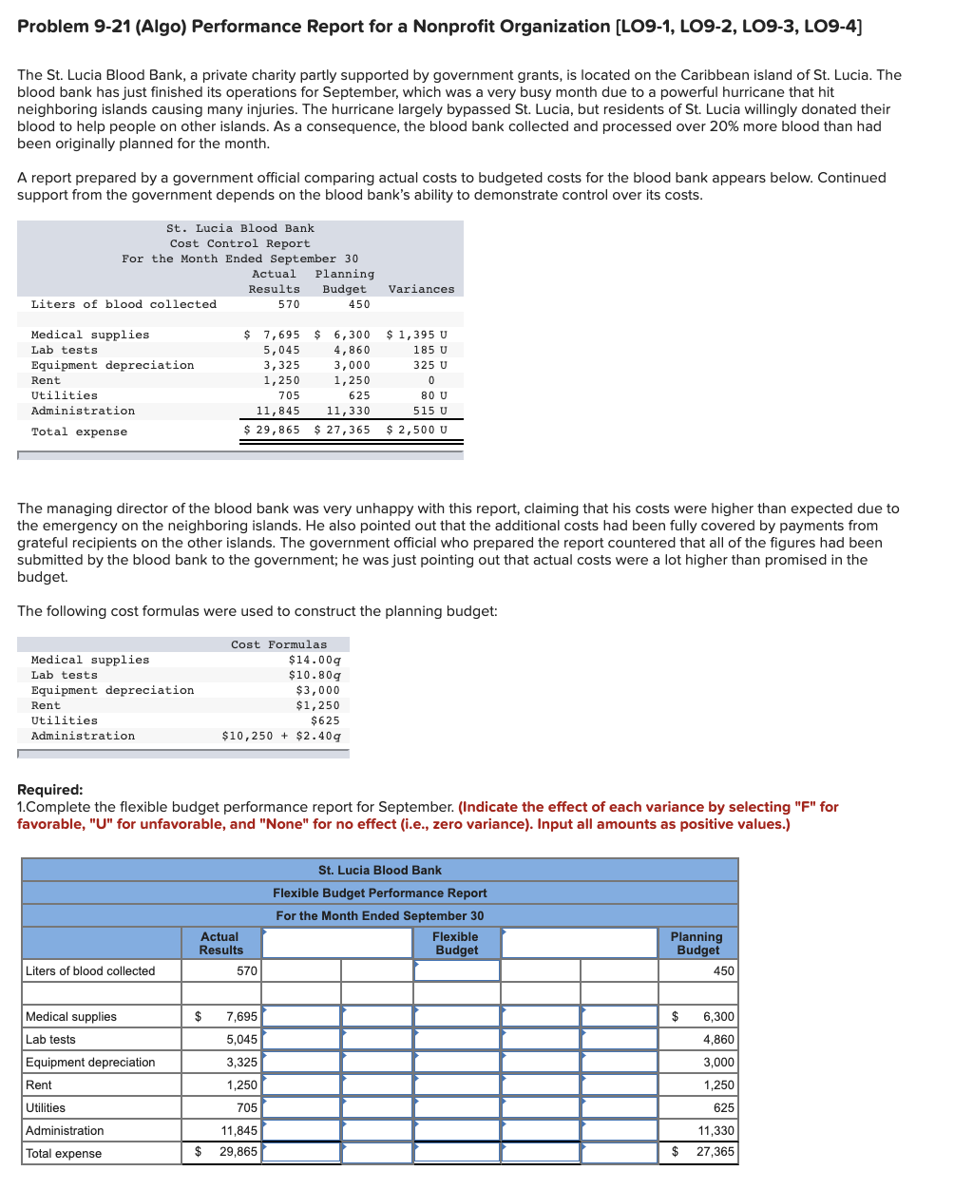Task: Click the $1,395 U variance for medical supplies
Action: [x=416, y=335]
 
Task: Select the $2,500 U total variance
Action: [x=416, y=430]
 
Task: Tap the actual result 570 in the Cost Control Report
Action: [x=288, y=304]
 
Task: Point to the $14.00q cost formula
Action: [x=315, y=660]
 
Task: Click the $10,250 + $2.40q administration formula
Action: [x=281, y=736]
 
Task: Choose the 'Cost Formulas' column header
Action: [x=278, y=644]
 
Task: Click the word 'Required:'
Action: [x=50, y=790]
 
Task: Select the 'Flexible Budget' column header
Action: [x=455, y=943]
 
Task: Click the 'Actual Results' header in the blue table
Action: [x=220, y=943]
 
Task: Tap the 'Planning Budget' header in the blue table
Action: [x=697, y=943]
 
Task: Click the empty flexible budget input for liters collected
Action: [x=456, y=970]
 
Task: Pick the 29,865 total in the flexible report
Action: [x=238, y=1151]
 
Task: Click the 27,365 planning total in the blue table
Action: [x=715, y=1151]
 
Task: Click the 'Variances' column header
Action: [x=421, y=289]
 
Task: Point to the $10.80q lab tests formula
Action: [x=315, y=675]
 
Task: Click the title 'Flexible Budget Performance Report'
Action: [x=379, y=892]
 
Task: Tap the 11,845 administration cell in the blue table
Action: [x=238, y=1130]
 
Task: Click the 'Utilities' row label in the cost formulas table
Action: [x=65, y=720]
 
